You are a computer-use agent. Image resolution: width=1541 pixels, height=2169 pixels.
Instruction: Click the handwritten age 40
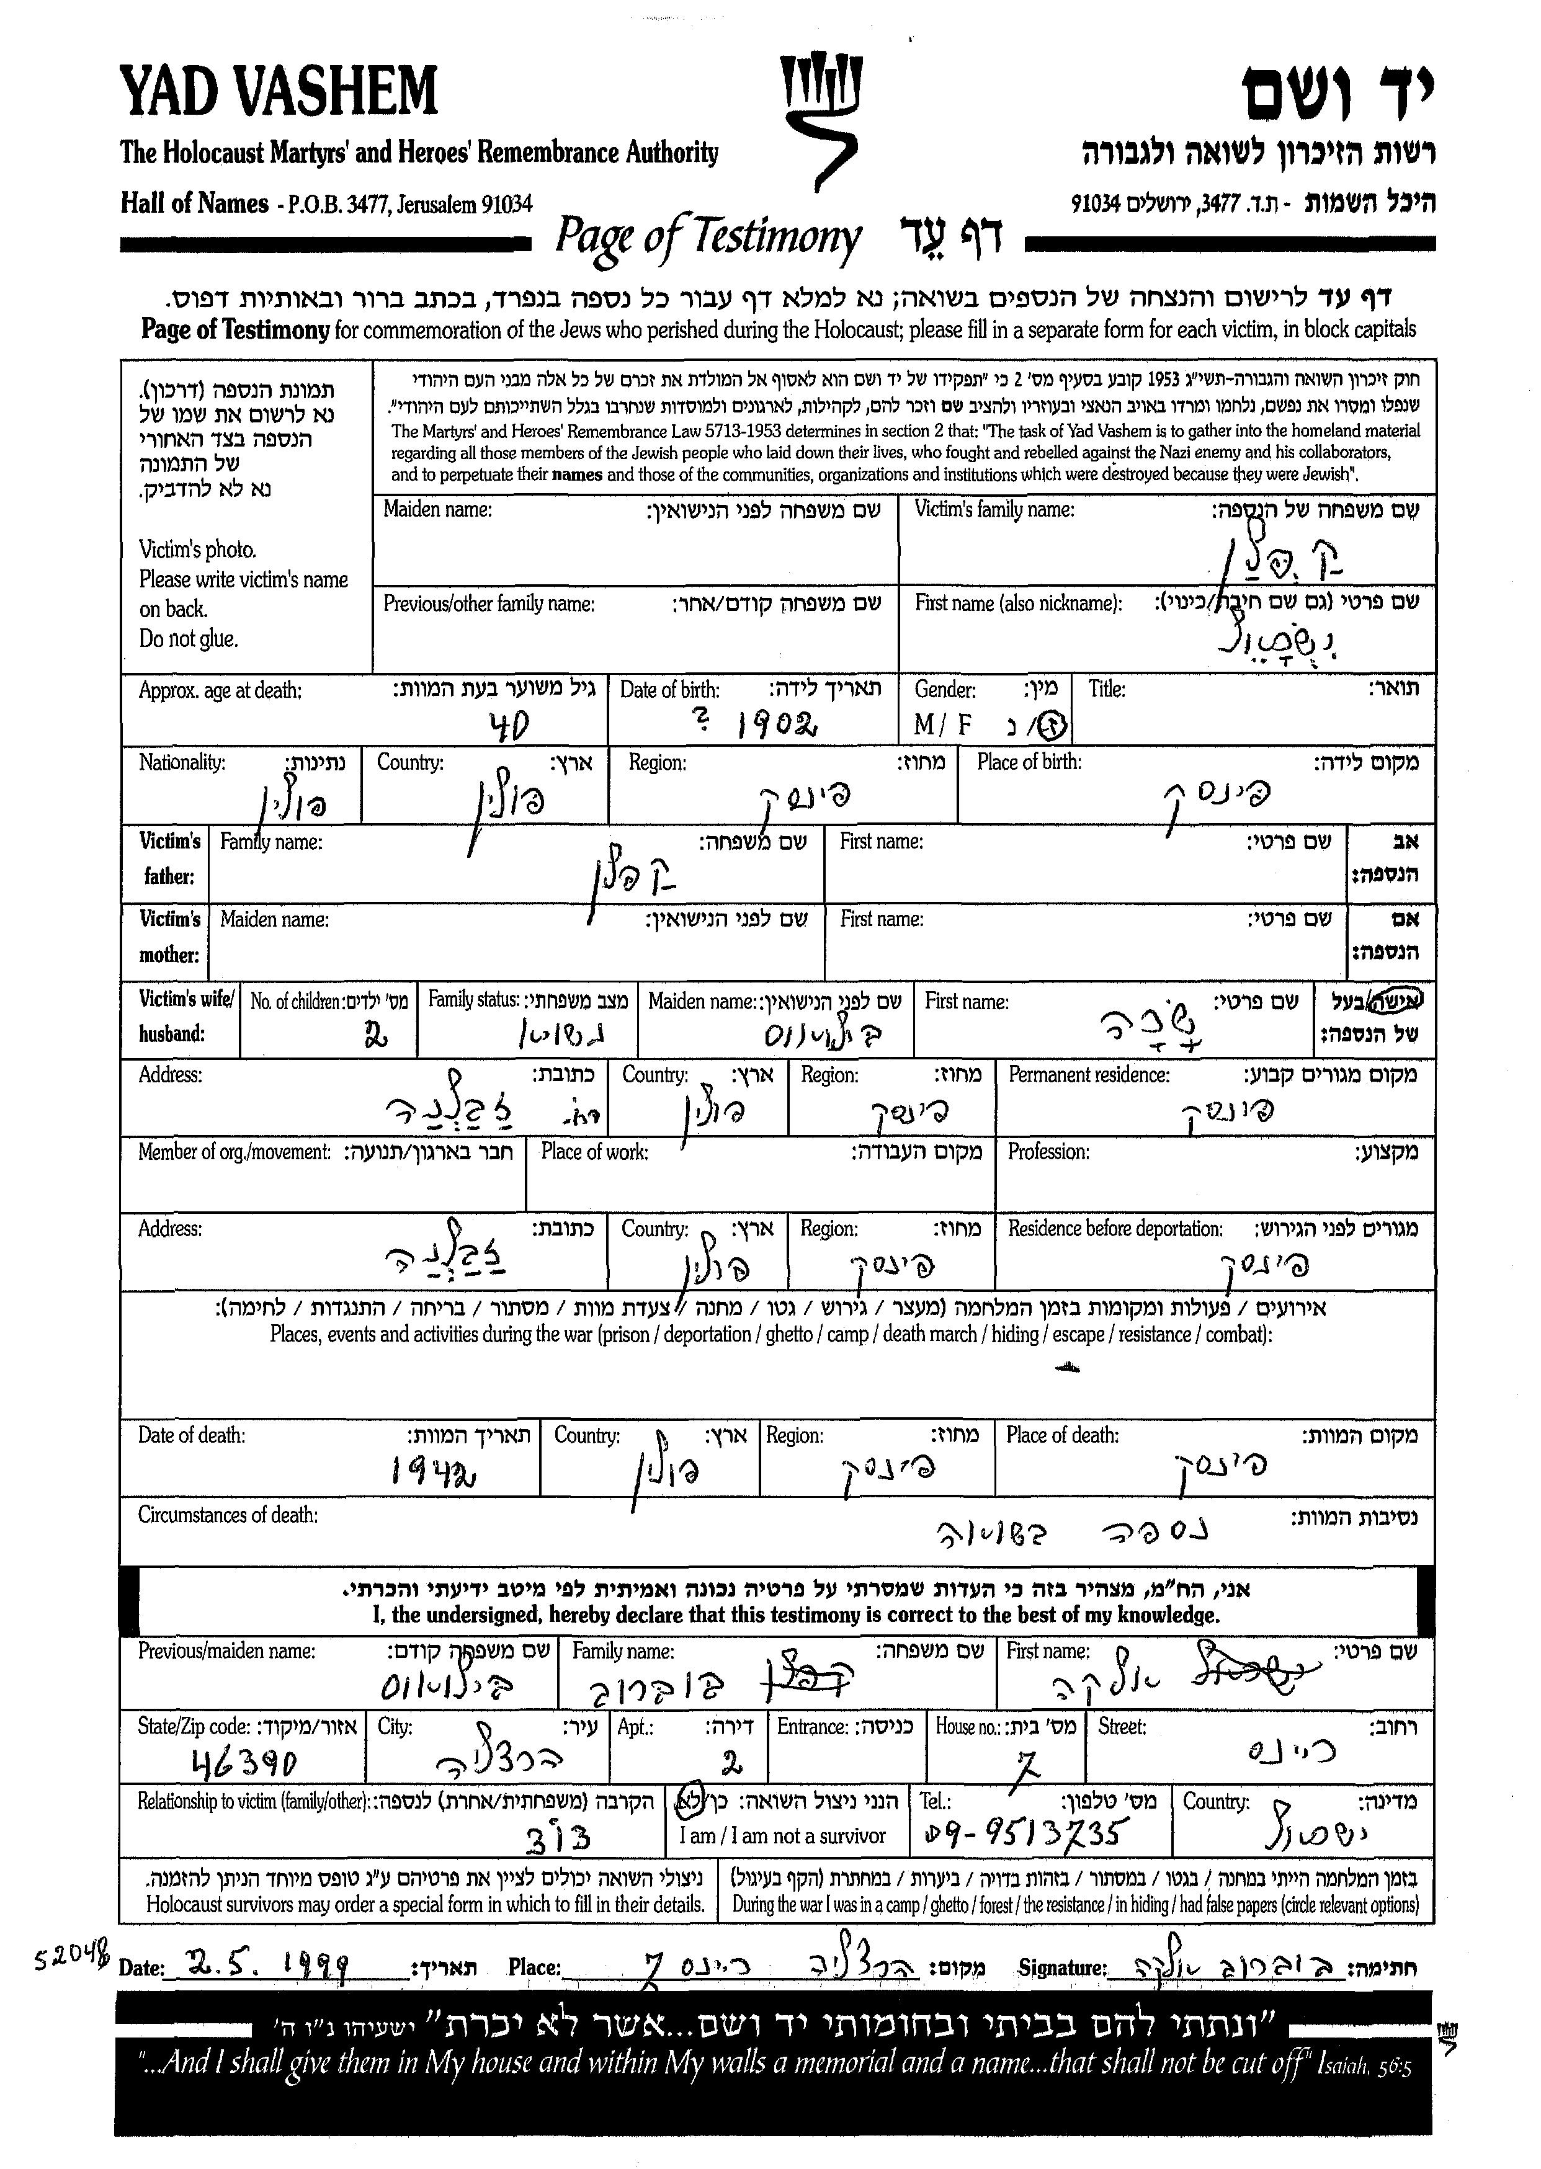pos(507,728)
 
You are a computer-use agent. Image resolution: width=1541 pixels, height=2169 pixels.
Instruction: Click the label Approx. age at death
pos(220,691)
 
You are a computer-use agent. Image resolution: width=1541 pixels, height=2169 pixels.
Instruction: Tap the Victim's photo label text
pos(197,550)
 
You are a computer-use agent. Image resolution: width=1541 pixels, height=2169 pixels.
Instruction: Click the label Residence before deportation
pos(1115,1229)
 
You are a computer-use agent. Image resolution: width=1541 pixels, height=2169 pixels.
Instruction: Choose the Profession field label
pos(1048,1152)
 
